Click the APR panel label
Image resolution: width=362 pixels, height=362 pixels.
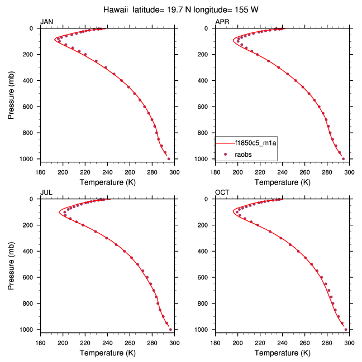tap(222, 22)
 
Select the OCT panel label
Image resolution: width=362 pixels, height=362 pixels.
tap(222, 192)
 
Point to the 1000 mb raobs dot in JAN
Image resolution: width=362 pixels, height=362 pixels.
tap(169, 159)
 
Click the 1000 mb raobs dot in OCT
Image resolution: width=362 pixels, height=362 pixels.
tap(346, 330)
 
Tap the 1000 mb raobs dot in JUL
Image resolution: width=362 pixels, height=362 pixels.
tap(170, 330)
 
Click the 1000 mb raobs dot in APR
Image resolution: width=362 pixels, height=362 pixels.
tap(343, 159)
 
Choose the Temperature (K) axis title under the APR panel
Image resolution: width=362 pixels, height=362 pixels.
tap(282, 182)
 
